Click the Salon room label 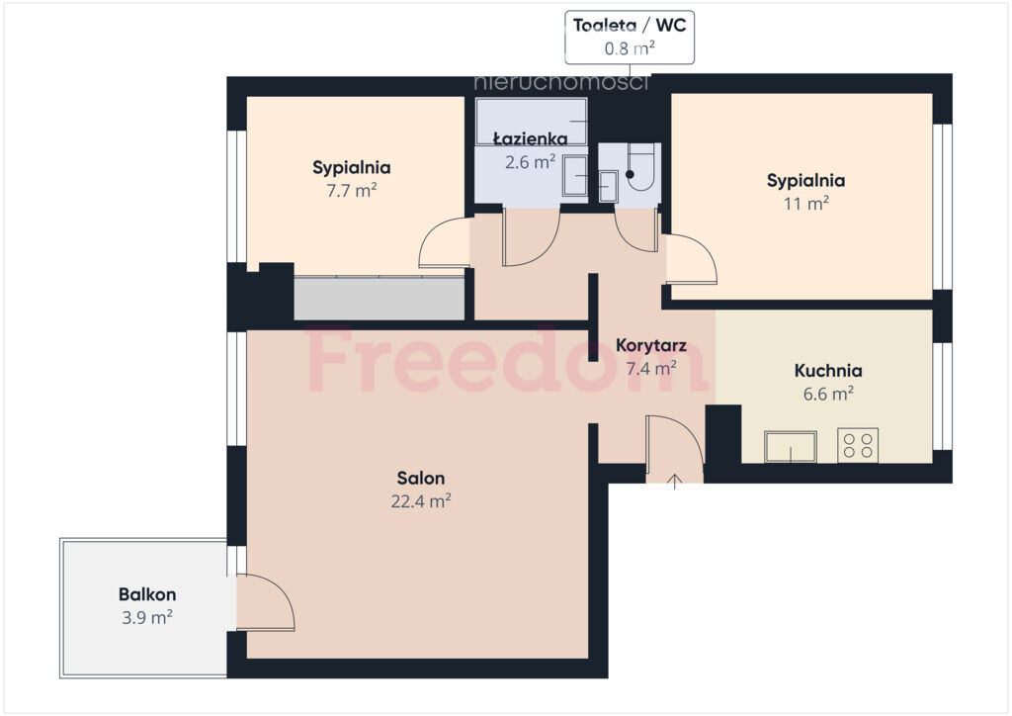[x=421, y=479]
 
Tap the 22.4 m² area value [x=421, y=501]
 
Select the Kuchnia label [x=828, y=371]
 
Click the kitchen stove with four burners [x=858, y=445]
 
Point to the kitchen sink [x=791, y=447]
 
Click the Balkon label [x=147, y=594]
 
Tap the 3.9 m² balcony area [x=147, y=617]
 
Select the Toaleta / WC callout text [x=630, y=26]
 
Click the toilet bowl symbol [x=640, y=168]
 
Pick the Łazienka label [x=531, y=138]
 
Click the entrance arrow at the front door [x=674, y=482]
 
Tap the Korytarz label [x=651, y=345]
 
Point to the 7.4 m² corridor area [x=651, y=369]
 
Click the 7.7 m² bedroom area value [x=352, y=191]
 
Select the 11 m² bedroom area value [x=806, y=204]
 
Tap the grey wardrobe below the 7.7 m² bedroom [x=379, y=298]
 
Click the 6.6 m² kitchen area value [x=828, y=394]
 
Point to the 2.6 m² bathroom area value [x=531, y=161]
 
